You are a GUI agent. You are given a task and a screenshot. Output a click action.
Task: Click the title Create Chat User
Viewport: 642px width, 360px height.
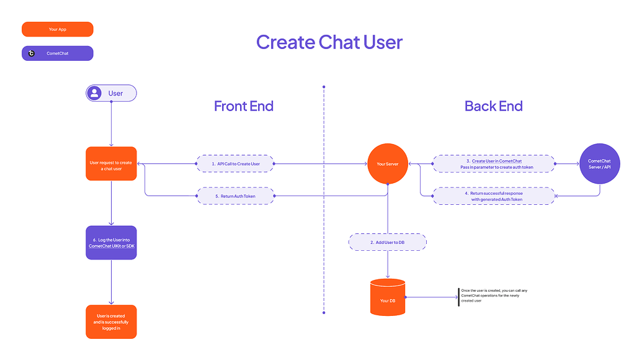click(x=329, y=42)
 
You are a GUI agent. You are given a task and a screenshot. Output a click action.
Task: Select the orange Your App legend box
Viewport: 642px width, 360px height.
click(x=57, y=29)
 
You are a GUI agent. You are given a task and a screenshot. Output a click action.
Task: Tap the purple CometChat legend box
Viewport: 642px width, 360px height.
click(x=57, y=53)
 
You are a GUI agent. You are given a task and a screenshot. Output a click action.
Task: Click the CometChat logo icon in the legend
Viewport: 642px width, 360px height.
click(x=32, y=53)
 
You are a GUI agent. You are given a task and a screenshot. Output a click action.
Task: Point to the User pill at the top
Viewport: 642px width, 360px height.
click(x=111, y=93)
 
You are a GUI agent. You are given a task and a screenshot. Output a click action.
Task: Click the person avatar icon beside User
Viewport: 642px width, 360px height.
click(x=95, y=93)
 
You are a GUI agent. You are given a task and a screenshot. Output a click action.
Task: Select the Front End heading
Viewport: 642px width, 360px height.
click(x=243, y=106)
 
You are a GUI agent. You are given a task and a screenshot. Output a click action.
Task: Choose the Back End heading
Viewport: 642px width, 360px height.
click(x=493, y=106)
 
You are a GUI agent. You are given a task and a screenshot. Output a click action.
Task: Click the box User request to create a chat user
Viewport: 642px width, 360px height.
click(x=111, y=164)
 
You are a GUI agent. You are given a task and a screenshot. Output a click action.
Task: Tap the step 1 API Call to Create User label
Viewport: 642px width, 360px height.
click(x=235, y=164)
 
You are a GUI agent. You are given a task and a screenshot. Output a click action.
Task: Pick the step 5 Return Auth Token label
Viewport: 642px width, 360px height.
click(x=235, y=196)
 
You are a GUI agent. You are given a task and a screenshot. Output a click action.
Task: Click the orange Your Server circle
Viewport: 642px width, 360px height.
click(x=388, y=164)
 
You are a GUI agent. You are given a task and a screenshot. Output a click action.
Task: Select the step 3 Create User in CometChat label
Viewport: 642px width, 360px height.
click(x=493, y=164)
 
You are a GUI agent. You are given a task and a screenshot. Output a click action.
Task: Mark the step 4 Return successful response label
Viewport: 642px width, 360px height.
click(x=493, y=196)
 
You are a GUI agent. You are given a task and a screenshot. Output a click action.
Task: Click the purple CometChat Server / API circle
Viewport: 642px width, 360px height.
click(x=599, y=164)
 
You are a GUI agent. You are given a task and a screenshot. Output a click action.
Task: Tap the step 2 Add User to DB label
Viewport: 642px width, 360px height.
click(x=388, y=242)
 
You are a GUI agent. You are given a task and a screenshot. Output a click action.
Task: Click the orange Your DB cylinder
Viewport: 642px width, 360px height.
click(x=388, y=298)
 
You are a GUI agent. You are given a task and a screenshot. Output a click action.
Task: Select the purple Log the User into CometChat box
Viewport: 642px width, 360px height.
click(x=111, y=243)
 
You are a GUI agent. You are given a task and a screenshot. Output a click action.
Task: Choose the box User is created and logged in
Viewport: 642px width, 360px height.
click(x=111, y=322)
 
